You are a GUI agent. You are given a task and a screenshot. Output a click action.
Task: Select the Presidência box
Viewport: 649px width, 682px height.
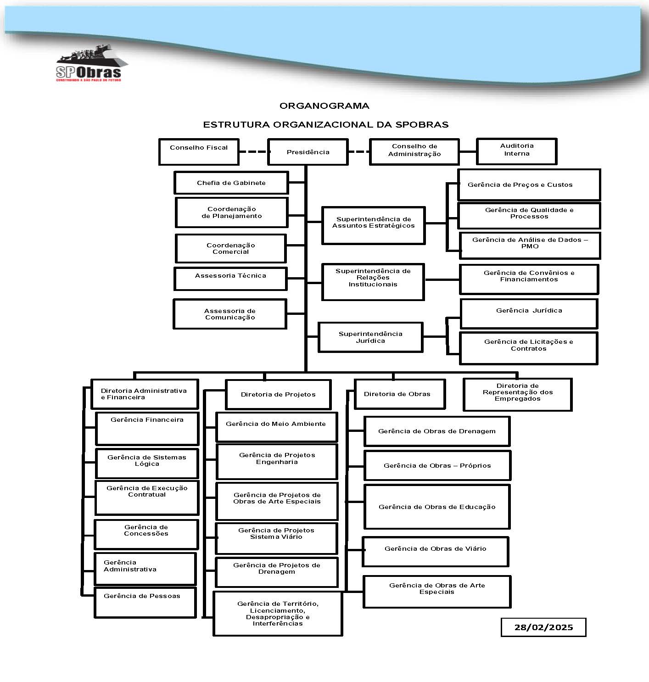tap(308, 152)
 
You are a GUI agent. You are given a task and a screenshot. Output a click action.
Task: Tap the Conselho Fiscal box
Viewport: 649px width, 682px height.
tap(199, 151)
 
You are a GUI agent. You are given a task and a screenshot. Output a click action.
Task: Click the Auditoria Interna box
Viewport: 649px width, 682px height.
tap(516, 151)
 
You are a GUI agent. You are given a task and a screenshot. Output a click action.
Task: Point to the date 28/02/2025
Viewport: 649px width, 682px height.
tap(543, 627)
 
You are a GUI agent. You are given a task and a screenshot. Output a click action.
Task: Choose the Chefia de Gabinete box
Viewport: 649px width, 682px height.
tap(231, 183)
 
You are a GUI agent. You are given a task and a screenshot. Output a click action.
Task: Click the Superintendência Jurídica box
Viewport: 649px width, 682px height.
tap(370, 337)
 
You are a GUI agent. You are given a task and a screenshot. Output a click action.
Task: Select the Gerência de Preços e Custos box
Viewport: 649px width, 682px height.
tap(529, 184)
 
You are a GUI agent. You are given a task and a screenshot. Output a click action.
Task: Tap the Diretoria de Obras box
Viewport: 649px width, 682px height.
tap(399, 394)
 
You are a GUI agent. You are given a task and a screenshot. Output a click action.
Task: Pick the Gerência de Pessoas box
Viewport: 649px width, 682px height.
tap(145, 602)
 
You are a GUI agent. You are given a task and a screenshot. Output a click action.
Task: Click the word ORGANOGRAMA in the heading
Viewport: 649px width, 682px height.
tap(324, 106)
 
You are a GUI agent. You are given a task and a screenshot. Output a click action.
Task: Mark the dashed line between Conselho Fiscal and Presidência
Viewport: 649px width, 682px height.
tap(253, 152)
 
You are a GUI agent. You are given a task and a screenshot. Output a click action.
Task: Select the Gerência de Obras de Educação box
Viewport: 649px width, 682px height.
tap(437, 507)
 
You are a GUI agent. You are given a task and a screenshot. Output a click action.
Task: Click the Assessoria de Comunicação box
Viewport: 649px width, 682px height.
tap(230, 314)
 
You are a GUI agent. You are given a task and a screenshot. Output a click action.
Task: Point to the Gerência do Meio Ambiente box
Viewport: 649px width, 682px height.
tap(276, 427)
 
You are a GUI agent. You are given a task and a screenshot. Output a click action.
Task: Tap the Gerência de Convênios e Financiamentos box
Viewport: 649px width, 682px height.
tap(529, 279)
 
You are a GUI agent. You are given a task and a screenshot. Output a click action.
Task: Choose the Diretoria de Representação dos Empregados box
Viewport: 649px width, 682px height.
tap(517, 394)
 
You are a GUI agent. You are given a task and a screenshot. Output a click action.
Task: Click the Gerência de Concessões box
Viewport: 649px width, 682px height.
tap(146, 534)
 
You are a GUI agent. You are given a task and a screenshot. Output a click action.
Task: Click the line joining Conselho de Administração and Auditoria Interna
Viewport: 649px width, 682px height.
tap(468, 151)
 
